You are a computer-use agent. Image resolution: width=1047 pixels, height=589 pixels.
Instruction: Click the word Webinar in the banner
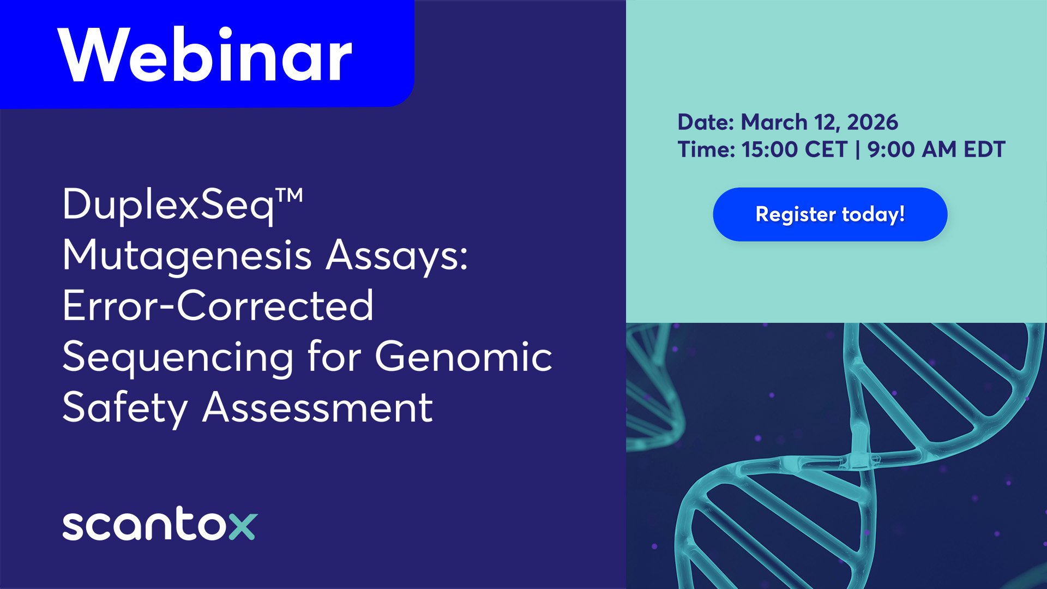coord(205,56)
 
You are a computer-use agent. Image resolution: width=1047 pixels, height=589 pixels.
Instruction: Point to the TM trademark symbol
coord(288,195)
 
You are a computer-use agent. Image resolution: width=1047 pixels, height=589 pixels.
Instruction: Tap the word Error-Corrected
coord(218,305)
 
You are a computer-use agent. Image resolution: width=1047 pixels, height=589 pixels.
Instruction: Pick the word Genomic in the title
coord(464,356)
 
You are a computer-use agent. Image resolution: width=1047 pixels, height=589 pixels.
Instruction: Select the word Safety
coord(125,408)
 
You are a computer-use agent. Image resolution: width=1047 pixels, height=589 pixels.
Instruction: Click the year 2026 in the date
coord(872,122)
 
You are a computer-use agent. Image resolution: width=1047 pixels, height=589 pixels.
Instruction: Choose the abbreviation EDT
coord(984,149)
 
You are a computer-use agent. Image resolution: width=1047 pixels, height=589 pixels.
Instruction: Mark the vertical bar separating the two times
coord(858,149)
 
